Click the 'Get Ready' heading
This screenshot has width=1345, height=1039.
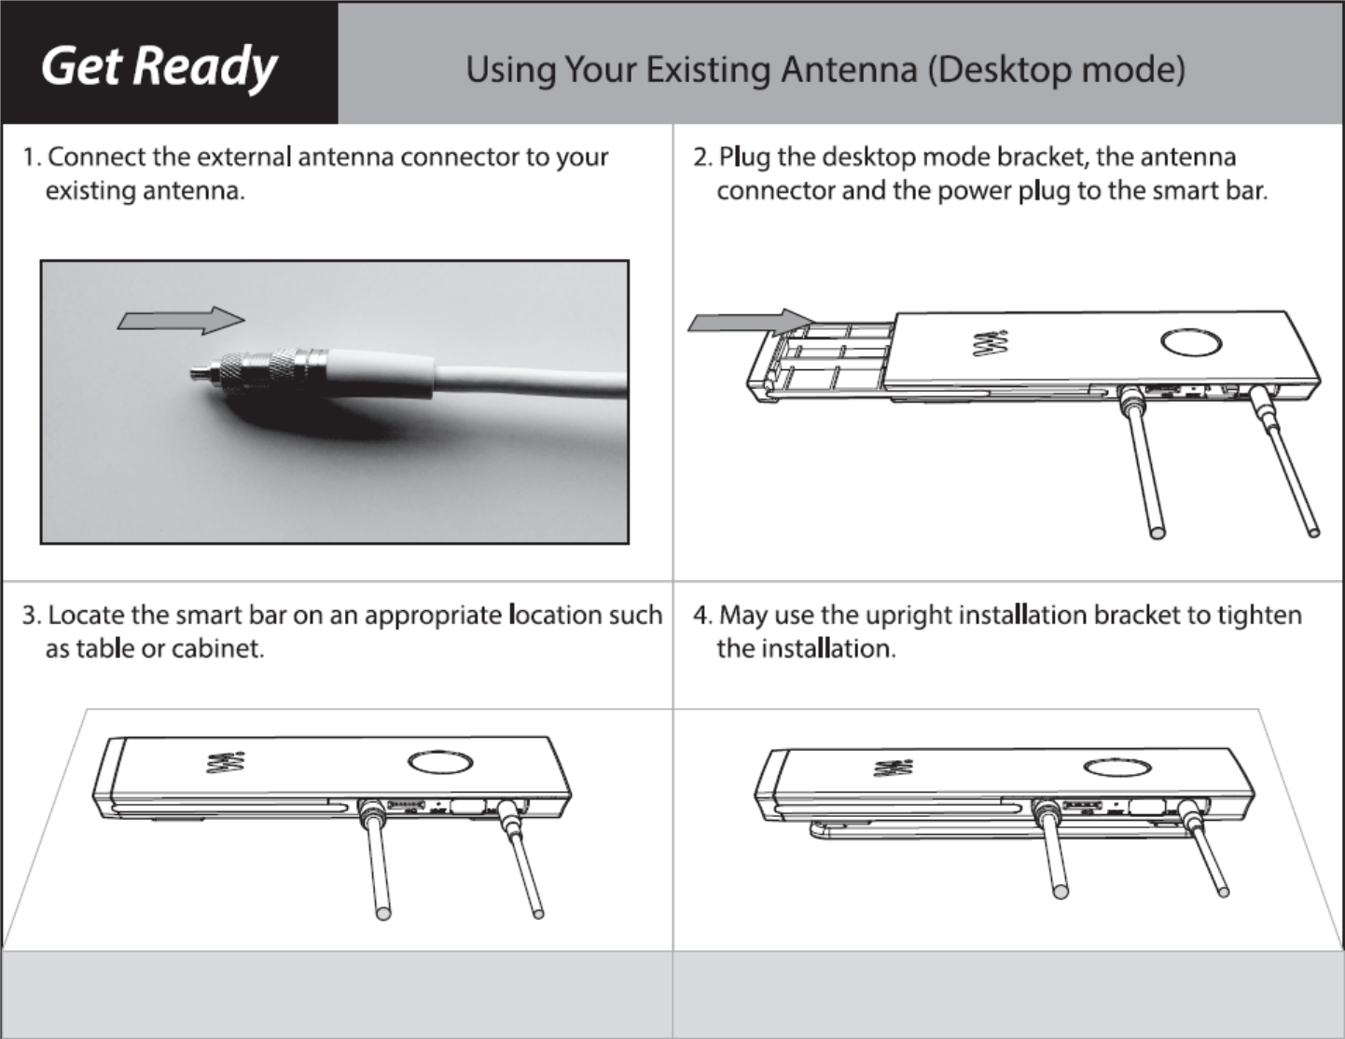pyautogui.click(x=159, y=67)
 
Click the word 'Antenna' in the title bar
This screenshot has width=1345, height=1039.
pyautogui.click(x=849, y=69)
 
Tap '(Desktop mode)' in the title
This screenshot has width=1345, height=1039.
pyautogui.click(x=1056, y=69)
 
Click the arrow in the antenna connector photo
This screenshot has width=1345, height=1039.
pyautogui.click(x=181, y=320)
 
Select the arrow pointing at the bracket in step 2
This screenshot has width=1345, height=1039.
pyautogui.click(x=750, y=321)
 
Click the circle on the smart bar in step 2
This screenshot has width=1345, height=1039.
pyautogui.click(x=1191, y=342)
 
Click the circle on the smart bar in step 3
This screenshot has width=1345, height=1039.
pyautogui.click(x=440, y=762)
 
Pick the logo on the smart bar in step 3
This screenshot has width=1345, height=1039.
pyautogui.click(x=226, y=762)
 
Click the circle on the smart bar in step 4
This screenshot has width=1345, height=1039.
pyautogui.click(x=1117, y=768)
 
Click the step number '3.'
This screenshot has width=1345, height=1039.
pyautogui.click(x=32, y=616)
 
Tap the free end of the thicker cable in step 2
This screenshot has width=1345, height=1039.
pyautogui.click(x=1158, y=533)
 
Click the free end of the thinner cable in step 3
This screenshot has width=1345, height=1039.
pyautogui.click(x=538, y=914)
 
